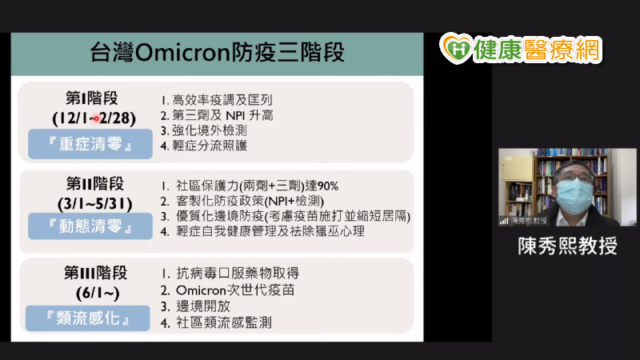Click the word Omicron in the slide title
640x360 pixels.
click(x=182, y=53)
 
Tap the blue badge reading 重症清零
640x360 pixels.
click(x=90, y=144)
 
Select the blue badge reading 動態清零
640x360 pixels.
click(x=90, y=226)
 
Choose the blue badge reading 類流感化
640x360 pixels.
click(x=88, y=318)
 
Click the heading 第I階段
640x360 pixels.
click(x=92, y=98)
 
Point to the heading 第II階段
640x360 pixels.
click(x=95, y=184)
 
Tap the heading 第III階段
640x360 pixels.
click(x=95, y=273)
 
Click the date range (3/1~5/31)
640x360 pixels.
click(x=94, y=204)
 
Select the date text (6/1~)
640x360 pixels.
click(x=98, y=293)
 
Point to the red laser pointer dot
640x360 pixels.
click(x=96, y=118)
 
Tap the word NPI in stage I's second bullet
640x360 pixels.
click(x=234, y=115)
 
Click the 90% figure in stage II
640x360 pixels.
click(x=328, y=186)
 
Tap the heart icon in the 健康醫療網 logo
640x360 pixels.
click(x=456, y=49)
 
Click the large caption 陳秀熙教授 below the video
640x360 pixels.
click(x=568, y=246)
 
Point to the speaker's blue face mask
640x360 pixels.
click(x=574, y=196)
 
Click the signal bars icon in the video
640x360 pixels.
click(x=504, y=221)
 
